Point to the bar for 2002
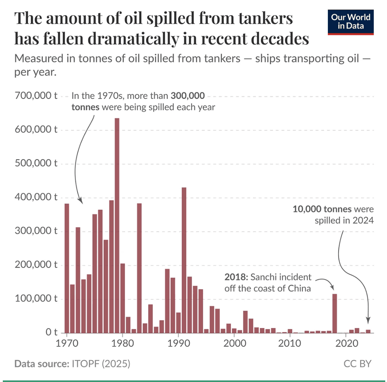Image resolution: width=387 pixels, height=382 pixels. point(245,322)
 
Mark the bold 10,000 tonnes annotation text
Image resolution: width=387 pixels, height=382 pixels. point(322,210)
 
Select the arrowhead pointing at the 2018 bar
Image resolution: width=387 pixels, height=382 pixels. point(334,289)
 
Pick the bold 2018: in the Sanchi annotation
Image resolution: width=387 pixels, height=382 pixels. point(236,278)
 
